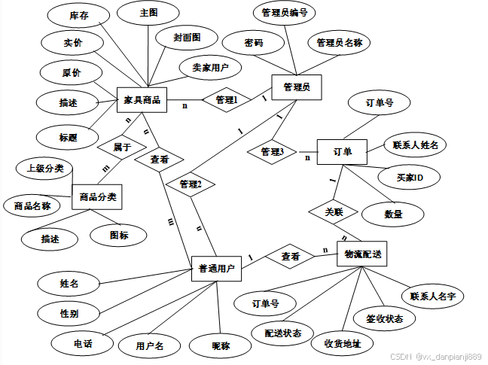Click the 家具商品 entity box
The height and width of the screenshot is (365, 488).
click(x=142, y=100)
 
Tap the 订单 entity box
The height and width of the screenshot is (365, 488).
click(x=342, y=152)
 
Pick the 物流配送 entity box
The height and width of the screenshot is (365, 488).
click(x=363, y=255)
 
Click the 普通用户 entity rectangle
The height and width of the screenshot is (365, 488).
click(x=216, y=268)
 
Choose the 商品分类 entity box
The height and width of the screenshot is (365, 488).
click(x=97, y=197)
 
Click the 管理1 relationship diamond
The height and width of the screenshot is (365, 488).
click(x=227, y=99)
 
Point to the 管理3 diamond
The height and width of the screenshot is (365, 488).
click(x=272, y=152)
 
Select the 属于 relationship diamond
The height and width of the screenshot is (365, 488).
click(x=123, y=147)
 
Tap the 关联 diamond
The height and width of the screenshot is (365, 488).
click(x=334, y=212)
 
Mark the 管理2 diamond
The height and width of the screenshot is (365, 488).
click(x=191, y=184)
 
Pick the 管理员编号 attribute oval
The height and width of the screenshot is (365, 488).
click(x=284, y=13)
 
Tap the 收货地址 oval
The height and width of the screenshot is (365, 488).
click(x=347, y=343)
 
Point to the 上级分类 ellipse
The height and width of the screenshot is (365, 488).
click(x=46, y=168)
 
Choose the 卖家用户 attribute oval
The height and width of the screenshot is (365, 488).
click(x=210, y=68)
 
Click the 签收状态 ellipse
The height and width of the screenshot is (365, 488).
click(x=385, y=318)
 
